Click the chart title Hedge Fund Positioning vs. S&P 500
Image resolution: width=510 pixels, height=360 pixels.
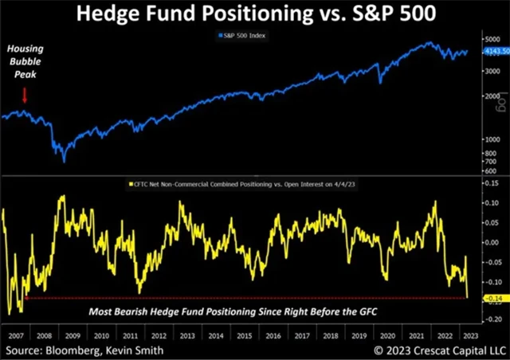(254, 15)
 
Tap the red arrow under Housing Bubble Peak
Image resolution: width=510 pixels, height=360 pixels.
(24, 96)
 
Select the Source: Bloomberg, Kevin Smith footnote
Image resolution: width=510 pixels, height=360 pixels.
(86, 349)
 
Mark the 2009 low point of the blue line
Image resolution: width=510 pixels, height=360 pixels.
(63, 162)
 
